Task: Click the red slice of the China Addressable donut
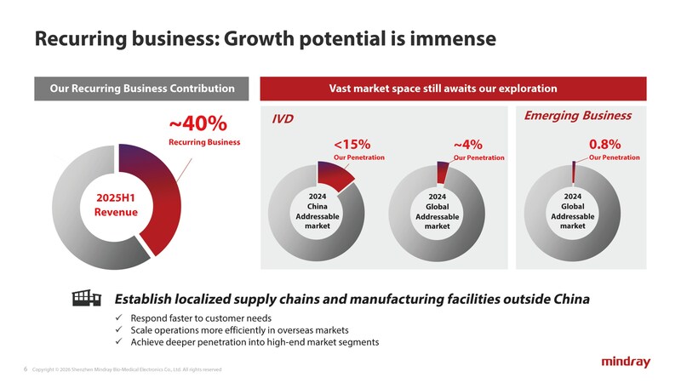click(338, 174)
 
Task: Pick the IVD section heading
click(282, 119)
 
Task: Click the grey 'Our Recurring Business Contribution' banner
click(141, 89)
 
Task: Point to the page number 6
click(26, 369)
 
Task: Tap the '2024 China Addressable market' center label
click(318, 211)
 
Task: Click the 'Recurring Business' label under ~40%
click(204, 141)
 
